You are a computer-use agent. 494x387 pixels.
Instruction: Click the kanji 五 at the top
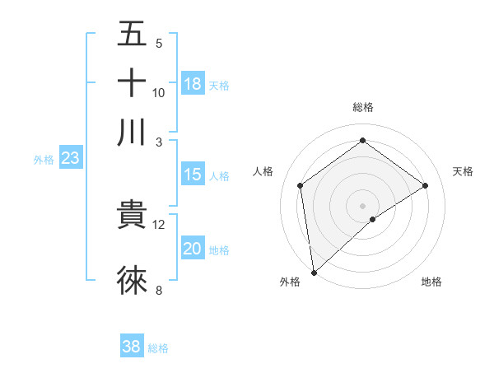pos(133,35)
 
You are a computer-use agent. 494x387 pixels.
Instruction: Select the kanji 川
pos(133,132)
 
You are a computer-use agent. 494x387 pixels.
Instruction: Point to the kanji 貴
pos(133,215)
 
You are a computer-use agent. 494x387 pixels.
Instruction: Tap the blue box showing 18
pos(193,83)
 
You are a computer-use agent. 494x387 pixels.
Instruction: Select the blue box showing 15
pos(193,175)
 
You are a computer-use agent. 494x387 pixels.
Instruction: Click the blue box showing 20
pos(193,249)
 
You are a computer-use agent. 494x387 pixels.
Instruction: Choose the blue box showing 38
pos(132,347)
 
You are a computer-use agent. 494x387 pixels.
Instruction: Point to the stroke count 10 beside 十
pos(158,92)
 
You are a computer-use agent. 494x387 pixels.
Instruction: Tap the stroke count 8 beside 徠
pos(159,289)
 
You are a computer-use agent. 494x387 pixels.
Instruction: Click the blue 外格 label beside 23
pos(44,160)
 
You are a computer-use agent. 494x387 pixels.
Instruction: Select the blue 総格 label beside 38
pos(158,348)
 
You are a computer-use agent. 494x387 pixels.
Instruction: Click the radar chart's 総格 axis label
pos(363,107)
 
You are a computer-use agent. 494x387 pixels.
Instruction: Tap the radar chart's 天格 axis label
pos(463,171)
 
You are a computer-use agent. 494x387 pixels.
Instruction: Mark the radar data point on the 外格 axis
pos(314,273)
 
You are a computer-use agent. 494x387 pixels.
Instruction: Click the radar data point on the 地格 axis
pos(373,219)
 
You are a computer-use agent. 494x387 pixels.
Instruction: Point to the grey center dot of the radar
pos(363,205)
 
